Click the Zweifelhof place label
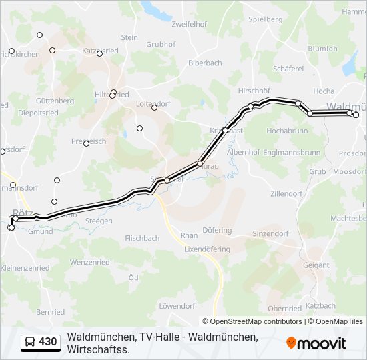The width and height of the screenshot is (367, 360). tap(188, 24)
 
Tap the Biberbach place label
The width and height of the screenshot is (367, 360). tap(205, 63)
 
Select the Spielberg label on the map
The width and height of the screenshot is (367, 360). tap(266, 19)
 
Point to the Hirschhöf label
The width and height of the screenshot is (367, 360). tap(254, 89)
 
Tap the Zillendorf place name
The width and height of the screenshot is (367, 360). tap(286, 194)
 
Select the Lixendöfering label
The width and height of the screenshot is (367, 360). tap(207, 249)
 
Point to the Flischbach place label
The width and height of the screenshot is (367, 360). tap(142, 238)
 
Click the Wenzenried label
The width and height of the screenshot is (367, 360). tap(89, 263)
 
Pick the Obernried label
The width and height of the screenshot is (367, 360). tap(284, 309)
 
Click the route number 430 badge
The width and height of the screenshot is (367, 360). tap(48, 342)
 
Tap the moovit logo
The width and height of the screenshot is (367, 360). tap(316, 343)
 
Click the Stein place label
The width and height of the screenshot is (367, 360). tap(129, 38)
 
